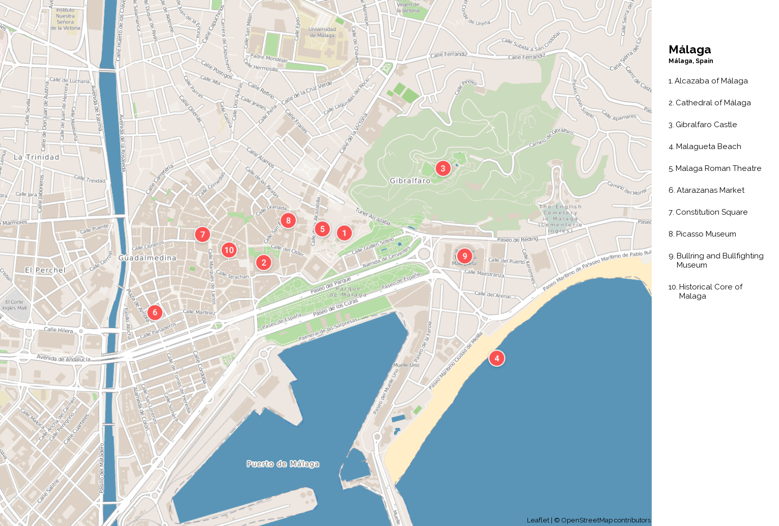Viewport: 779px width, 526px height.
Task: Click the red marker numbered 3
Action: point(443,168)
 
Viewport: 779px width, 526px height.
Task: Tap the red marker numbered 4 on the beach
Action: point(497,358)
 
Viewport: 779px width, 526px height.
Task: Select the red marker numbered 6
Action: point(155,312)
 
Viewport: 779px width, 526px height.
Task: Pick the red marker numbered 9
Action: point(464,256)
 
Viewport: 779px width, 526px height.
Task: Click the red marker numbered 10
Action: point(229,250)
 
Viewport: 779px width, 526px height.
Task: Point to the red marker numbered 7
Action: point(203,235)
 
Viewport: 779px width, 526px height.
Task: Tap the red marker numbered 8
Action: point(288,220)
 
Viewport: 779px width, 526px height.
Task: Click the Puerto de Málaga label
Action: point(283,464)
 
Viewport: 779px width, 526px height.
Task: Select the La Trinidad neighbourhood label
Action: point(36,157)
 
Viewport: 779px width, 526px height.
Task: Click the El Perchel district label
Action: point(45,270)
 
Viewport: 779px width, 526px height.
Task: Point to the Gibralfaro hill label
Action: point(410,181)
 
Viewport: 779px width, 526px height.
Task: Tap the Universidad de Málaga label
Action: point(322,33)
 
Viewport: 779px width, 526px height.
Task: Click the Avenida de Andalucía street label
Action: point(64,359)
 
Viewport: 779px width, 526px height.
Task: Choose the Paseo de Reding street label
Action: point(517,239)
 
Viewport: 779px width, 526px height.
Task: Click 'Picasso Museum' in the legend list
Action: point(706,234)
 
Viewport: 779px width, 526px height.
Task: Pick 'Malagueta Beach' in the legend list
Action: point(708,147)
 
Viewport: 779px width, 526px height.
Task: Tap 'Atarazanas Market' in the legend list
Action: point(710,190)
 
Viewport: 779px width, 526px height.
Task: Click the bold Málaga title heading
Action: point(690,49)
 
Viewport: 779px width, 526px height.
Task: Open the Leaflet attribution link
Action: point(538,520)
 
